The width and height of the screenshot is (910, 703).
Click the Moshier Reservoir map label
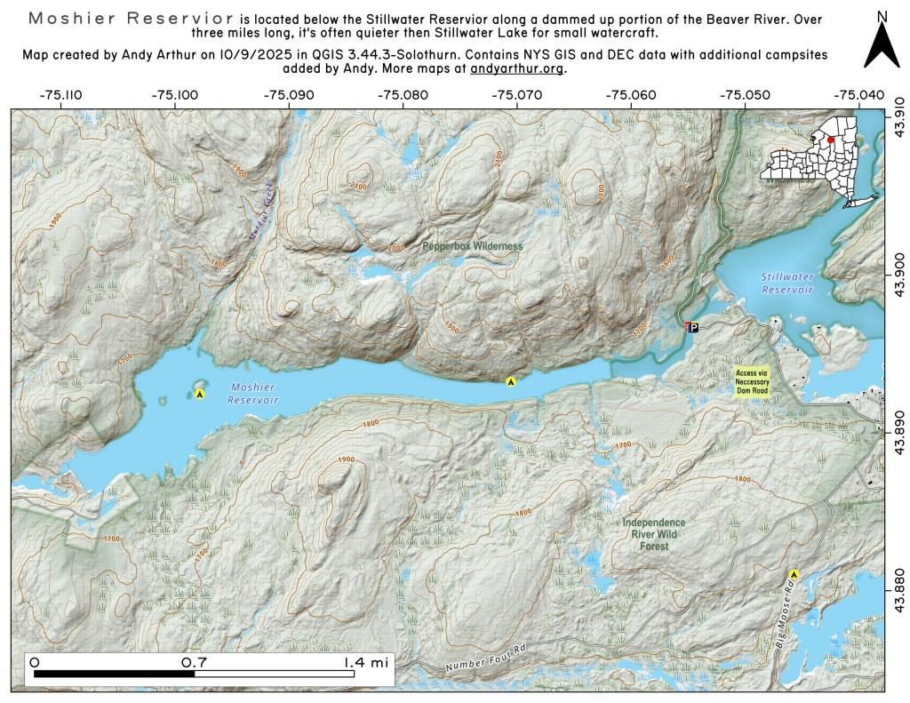253,394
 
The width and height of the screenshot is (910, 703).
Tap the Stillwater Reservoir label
787,284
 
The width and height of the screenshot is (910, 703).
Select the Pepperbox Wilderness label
472,245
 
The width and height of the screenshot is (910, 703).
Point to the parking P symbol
694,327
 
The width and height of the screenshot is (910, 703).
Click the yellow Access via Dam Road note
751,380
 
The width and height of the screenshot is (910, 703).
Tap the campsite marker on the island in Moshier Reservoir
200,393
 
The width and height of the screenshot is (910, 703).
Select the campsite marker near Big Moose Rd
794,575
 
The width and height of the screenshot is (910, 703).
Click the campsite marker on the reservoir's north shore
511,381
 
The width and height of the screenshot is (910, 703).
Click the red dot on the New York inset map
830,140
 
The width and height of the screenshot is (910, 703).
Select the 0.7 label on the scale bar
194,662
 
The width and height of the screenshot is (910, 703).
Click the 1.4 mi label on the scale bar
367,662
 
